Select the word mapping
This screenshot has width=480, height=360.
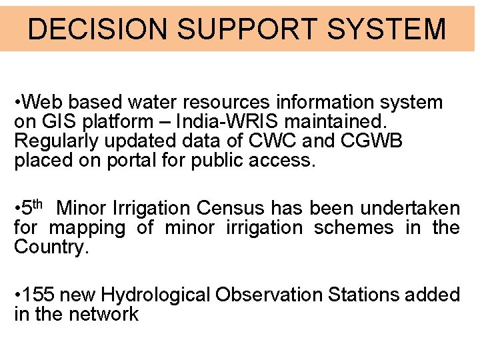87,228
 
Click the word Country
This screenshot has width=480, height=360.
51,247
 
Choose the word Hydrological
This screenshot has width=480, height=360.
157,294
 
